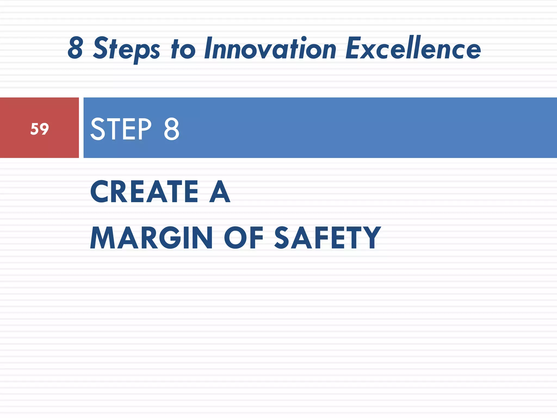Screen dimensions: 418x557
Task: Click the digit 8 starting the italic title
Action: click(75, 48)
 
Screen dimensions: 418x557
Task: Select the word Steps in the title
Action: click(127, 49)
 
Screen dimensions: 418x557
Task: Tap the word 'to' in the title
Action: click(183, 49)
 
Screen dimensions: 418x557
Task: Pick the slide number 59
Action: click(40, 129)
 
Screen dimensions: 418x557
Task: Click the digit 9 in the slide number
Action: click(44, 129)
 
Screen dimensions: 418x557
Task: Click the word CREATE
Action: click(144, 192)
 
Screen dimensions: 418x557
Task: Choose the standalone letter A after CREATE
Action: click(220, 192)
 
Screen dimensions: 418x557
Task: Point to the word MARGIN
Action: click(151, 238)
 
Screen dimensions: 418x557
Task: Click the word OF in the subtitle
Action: click(243, 238)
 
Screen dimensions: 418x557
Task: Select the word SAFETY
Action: click(327, 238)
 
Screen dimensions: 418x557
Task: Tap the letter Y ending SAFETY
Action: click(372, 238)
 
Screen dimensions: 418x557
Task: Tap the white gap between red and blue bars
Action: click(81, 128)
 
